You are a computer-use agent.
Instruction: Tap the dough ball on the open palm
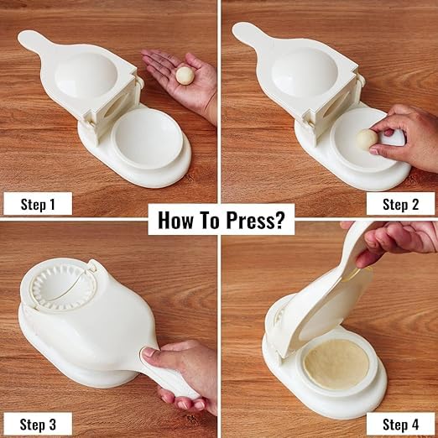click(184, 75)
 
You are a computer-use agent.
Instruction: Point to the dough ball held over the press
click(367, 138)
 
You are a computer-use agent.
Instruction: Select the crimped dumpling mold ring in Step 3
click(59, 290)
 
